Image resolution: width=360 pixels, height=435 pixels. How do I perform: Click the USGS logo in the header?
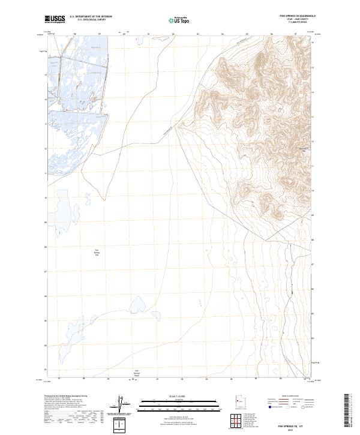point(55,19)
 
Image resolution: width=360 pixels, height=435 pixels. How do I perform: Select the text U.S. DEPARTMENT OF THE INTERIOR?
point(91,17)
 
